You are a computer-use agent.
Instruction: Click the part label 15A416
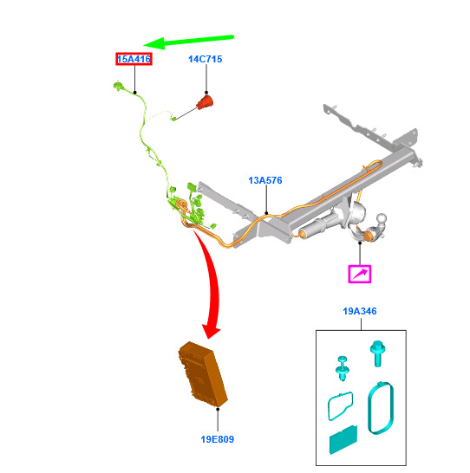tap(134, 59)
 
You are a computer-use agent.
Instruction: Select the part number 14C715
tap(206, 59)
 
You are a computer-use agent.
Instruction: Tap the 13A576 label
tap(265, 180)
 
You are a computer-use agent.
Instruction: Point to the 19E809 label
tap(218, 439)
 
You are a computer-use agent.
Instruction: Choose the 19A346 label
tap(360, 311)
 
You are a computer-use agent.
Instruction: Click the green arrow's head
tap(154, 44)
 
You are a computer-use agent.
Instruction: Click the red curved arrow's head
tap(211, 331)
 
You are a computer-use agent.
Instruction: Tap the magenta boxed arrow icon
tap(360, 274)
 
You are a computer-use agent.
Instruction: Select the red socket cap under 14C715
tap(205, 102)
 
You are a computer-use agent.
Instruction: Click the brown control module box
tap(203, 374)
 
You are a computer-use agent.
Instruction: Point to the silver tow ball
tap(382, 218)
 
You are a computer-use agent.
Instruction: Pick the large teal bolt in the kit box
tap(377, 353)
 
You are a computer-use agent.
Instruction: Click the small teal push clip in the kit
tap(343, 368)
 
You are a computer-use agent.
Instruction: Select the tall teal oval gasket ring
tap(381, 408)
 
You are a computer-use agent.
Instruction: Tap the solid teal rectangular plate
tap(343, 439)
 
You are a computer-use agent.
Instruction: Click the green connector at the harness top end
tap(118, 86)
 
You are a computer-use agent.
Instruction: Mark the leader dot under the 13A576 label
tap(266, 213)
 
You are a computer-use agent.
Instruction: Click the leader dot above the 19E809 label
tap(218, 409)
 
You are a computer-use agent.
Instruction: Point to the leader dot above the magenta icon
tap(360, 243)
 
